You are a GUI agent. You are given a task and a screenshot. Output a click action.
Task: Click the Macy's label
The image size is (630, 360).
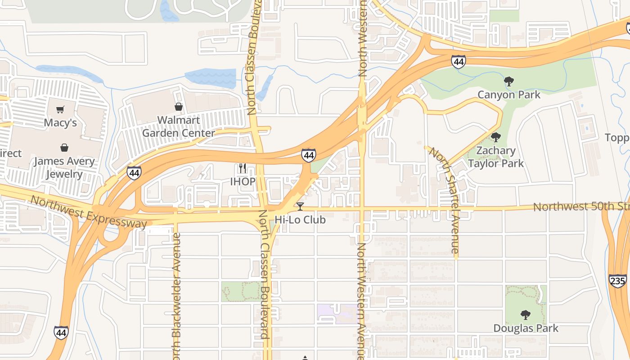(x=60, y=123)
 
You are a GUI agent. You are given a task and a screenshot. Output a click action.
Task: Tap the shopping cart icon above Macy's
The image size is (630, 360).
(x=60, y=109)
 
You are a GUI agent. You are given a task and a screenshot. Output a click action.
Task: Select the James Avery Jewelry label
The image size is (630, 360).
(x=64, y=167)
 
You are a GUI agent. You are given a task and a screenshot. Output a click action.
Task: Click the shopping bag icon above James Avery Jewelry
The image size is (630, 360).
(x=65, y=148)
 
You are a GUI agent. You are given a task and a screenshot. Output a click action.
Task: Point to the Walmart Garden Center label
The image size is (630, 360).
(x=179, y=127)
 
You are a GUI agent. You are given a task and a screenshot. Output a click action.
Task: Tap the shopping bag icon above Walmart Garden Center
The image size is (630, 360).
(x=179, y=107)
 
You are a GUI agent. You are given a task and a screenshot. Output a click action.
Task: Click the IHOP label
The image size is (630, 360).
(x=243, y=182)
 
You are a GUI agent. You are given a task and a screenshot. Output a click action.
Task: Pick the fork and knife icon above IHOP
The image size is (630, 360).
(x=243, y=168)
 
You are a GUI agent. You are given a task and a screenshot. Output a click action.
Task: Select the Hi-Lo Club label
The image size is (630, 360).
(x=300, y=220)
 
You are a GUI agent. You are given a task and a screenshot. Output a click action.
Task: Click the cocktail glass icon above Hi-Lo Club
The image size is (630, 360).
(x=300, y=207)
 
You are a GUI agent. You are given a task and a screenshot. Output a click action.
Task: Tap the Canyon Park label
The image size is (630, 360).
(x=509, y=95)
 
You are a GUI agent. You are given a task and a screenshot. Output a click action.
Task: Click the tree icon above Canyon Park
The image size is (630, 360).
(x=509, y=81)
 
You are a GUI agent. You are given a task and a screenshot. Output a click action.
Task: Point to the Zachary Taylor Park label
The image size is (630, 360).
(x=496, y=157)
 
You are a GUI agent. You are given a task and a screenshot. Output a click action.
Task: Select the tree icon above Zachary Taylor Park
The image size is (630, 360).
(x=496, y=137)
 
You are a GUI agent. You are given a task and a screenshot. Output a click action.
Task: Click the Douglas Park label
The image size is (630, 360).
(x=526, y=328)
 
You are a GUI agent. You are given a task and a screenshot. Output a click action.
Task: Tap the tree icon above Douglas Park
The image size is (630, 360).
(x=525, y=315)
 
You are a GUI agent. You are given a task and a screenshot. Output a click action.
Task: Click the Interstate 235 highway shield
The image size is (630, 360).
(x=617, y=281)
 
